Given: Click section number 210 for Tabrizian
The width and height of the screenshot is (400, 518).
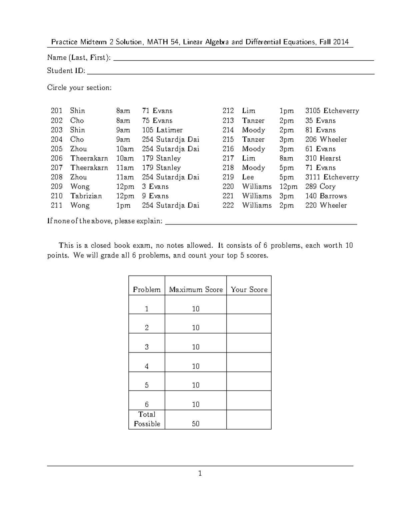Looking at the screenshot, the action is (x=56, y=196).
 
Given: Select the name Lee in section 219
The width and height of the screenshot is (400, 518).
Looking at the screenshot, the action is (x=248, y=177).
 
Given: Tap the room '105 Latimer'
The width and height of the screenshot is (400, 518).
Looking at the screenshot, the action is (x=162, y=130).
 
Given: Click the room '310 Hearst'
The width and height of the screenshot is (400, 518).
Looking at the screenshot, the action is (x=323, y=158).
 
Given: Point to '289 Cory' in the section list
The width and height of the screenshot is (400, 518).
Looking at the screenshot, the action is (x=320, y=186).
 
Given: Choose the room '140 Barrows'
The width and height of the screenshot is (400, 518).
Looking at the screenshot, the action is (x=326, y=196).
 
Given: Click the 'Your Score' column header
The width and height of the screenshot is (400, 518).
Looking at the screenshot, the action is (x=249, y=290).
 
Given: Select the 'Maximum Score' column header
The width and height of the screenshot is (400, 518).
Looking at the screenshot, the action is (x=196, y=290).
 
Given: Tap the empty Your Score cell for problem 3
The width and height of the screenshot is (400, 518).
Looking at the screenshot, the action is (x=249, y=343).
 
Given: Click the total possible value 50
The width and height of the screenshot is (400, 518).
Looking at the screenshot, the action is (x=196, y=424).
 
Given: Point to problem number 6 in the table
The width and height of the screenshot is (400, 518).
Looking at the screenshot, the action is (x=147, y=404).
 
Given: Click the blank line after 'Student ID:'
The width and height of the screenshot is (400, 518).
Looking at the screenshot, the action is (x=230, y=73).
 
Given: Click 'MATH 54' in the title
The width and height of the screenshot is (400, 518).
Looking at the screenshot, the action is (x=162, y=42).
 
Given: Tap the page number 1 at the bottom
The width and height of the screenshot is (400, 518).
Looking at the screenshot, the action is (x=200, y=473).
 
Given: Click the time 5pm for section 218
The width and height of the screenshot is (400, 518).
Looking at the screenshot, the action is (x=286, y=168).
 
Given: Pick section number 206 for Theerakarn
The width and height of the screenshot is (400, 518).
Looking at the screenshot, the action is (x=56, y=158).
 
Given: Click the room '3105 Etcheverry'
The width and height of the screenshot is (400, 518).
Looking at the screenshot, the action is (x=332, y=111).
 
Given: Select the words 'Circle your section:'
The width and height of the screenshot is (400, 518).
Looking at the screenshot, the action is (x=79, y=88).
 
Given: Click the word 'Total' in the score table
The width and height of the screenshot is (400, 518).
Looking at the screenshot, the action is (x=147, y=414).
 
